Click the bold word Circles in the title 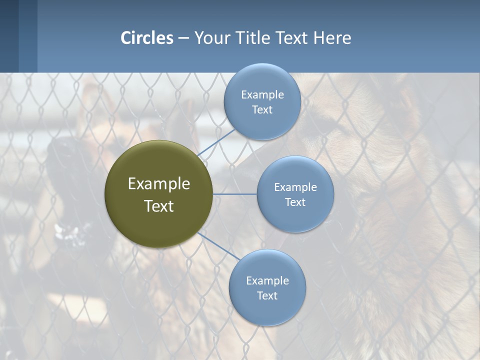coord(147,38)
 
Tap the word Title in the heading coord(253,38)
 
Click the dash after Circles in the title coord(183,38)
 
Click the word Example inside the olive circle coord(159,184)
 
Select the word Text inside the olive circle coord(159,206)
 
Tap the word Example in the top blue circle coord(262,95)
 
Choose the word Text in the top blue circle coord(262,110)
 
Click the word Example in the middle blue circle coord(295,187)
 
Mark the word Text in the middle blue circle coord(295,202)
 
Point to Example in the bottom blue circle coord(267,281)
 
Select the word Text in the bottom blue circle coord(267,296)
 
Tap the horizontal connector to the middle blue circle coord(235,194)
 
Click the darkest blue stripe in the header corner coord(9,36)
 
